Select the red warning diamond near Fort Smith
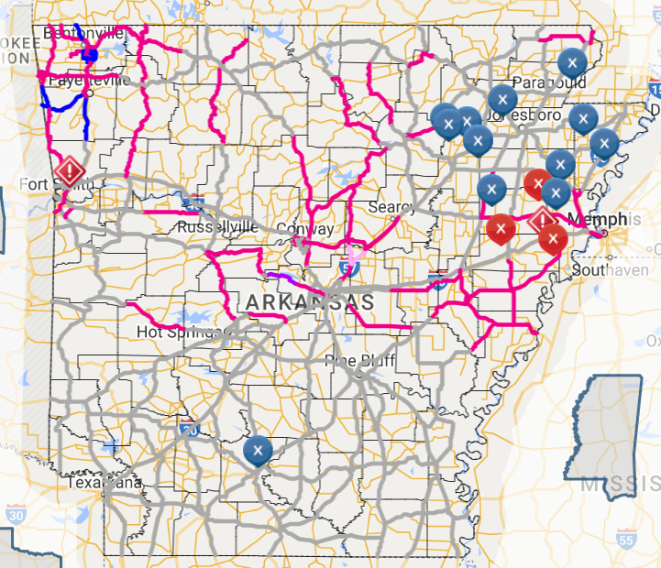click(70, 170)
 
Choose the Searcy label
click(391, 208)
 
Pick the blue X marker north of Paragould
click(572, 62)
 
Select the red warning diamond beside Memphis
click(544, 220)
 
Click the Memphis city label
click(599, 220)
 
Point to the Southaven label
click(606, 271)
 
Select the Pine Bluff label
click(360, 361)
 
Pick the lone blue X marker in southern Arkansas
click(258, 450)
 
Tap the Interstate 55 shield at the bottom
click(626, 538)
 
